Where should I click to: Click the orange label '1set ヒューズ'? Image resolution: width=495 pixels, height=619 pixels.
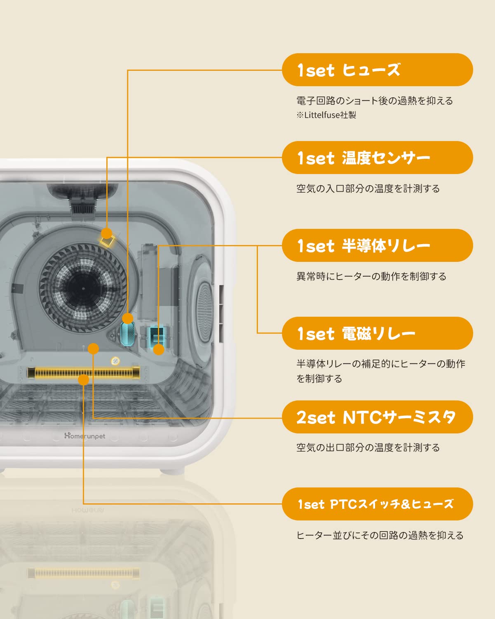(x=377, y=70)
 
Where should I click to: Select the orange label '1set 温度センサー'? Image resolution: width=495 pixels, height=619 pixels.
(x=377, y=158)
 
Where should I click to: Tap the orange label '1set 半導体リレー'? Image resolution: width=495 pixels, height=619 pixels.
(x=377, y=245)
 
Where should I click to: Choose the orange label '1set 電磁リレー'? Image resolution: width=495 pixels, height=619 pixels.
(x=377, y=333)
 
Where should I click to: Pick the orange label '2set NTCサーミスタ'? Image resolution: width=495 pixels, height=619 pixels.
(x=377, y=417)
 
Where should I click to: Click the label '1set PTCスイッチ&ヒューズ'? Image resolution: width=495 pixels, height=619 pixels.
(x=377, y=504)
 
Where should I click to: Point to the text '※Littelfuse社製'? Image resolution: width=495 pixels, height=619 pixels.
(x=326, y=115)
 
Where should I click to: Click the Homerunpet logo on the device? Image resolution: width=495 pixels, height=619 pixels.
(x=84, y=436)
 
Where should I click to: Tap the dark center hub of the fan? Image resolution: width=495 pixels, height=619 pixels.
(x=82, y=288)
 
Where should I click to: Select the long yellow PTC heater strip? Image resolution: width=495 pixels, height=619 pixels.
(x=84, y=373)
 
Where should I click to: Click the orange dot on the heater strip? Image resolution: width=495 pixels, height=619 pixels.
(x=84, y=379)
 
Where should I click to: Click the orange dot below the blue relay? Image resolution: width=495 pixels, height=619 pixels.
(x=159, y=350)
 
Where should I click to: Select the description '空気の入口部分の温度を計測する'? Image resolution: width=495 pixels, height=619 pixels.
(x=368, y=189)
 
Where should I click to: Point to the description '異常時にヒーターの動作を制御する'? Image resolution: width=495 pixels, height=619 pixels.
(x=371, y=276)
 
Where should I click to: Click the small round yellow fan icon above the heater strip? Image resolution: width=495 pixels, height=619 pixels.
(x=115, y=361)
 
